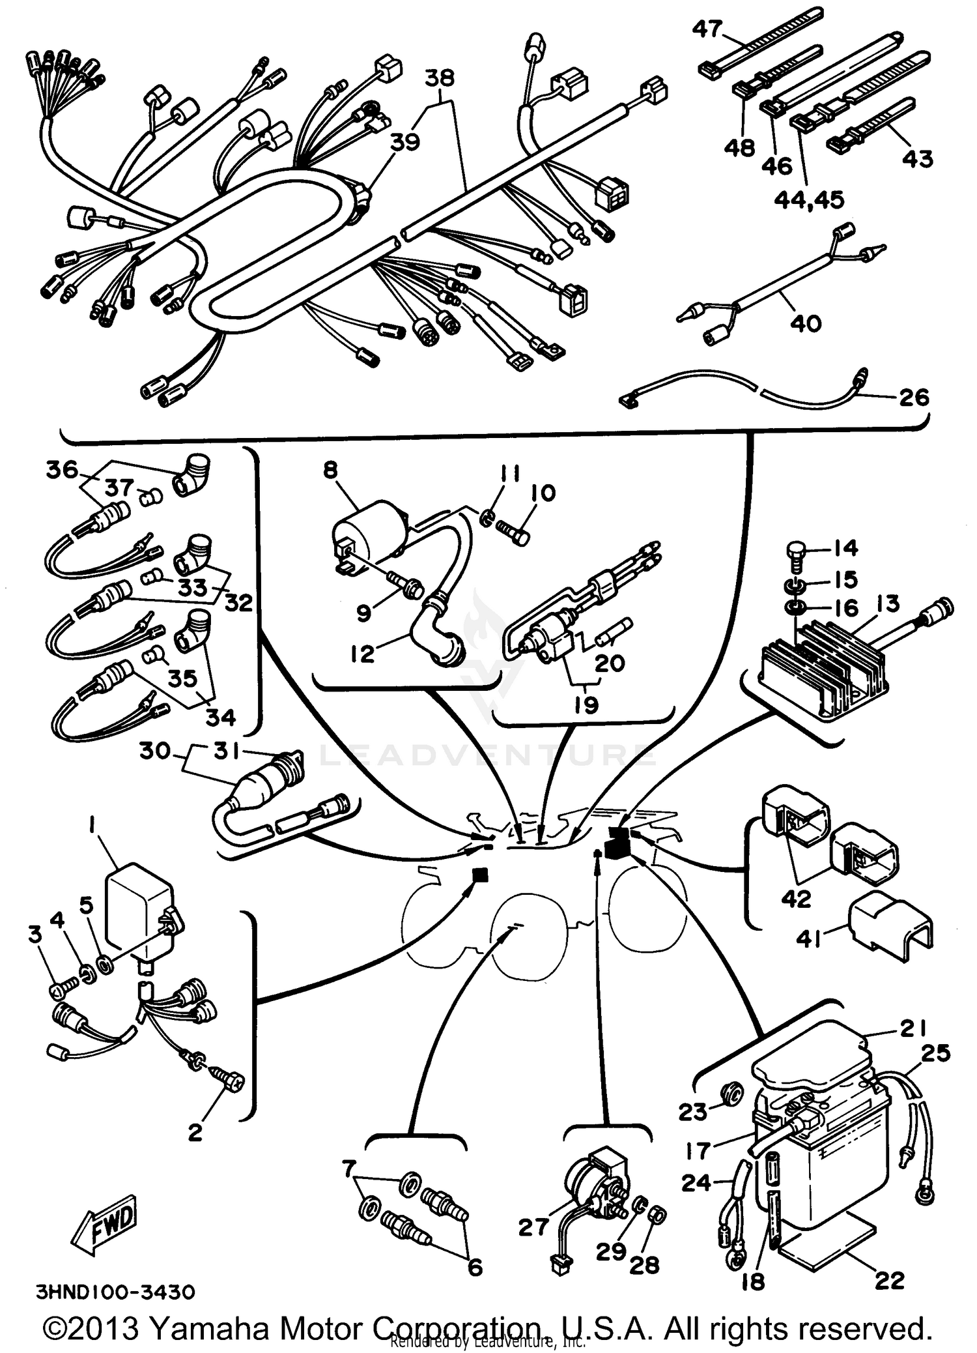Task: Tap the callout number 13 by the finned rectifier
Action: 888,604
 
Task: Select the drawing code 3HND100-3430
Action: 115,1290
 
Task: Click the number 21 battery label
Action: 912,1028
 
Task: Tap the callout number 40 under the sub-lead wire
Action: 806,323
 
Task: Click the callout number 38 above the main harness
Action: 440,78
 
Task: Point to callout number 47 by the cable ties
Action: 707,29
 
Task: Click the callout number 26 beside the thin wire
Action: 914,398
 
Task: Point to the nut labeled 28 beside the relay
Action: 657,1214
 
